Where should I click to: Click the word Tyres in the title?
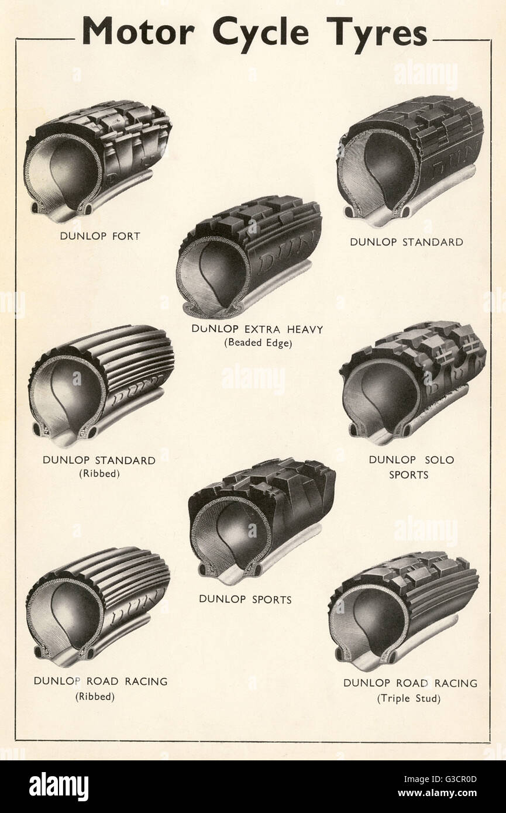[377, 35]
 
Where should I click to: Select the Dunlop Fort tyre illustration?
[98, 161]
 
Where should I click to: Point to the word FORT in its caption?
[126, 236]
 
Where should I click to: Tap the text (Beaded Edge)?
[258, 343]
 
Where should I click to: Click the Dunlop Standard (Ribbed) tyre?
[101, 387]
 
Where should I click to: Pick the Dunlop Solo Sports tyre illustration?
[413, 383]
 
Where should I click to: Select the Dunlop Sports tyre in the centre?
[261, 521]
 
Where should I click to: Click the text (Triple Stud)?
[409, 699]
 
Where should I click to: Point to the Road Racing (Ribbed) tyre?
[98, 607]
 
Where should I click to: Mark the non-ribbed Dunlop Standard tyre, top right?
[410, 161]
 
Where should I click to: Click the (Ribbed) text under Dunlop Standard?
[99, 474]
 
